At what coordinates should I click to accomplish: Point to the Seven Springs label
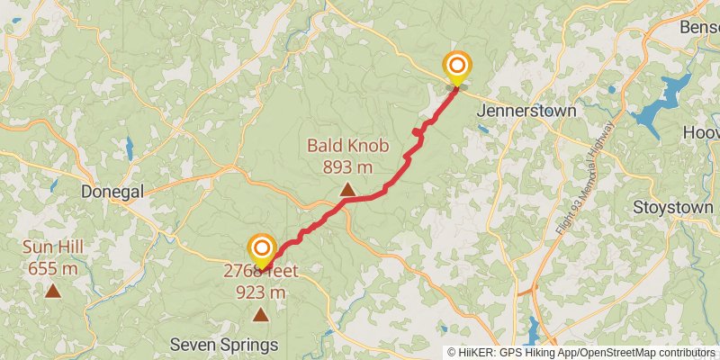224,345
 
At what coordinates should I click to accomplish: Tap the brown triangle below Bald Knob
346,189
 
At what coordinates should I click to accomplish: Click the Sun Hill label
53,247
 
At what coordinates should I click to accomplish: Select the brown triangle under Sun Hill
53,291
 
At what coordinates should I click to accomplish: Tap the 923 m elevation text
261,292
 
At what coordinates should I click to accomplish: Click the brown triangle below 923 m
261,314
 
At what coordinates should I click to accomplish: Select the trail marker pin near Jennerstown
457,67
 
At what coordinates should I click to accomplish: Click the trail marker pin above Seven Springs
261,249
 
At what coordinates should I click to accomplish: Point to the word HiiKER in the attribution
476,353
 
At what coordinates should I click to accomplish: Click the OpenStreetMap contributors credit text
648,353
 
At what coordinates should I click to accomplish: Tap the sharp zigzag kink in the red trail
418,133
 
